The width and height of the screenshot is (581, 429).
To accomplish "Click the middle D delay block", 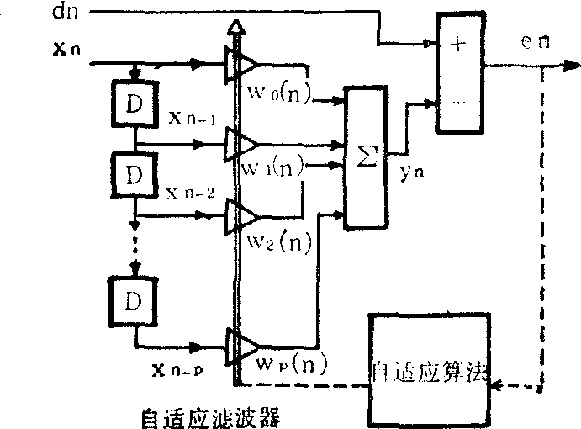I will point(134,175).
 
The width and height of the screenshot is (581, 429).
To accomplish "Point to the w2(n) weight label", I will point(280,243).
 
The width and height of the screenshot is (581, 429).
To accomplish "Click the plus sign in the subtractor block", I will point(458,45).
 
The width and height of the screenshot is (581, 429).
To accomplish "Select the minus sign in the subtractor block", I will point(458,103).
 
